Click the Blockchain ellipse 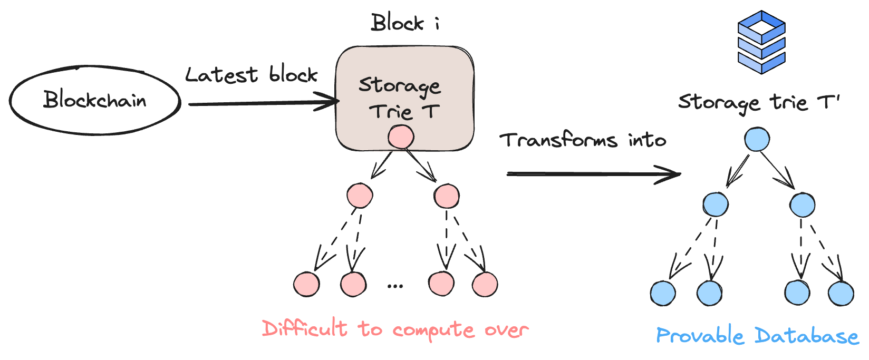95,100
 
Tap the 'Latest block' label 251,75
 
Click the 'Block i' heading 405,23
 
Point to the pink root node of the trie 401,137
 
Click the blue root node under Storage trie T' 757,139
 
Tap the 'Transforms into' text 582,140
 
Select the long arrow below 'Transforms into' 593,174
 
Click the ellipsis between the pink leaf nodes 395,286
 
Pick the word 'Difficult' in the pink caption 305,329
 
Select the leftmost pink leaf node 306,285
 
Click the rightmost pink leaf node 485,285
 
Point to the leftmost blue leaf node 663,294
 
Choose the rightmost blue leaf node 841,294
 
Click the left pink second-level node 360,196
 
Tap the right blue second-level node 802,205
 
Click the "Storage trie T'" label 758,102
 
